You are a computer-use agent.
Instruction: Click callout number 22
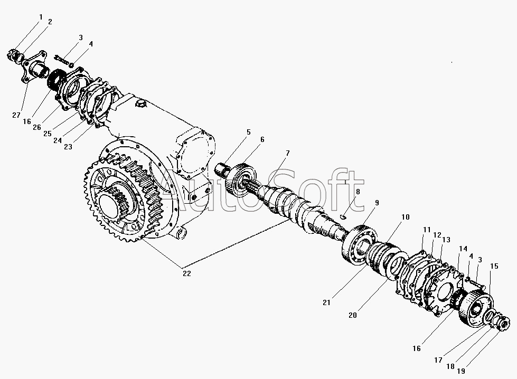point(187,273)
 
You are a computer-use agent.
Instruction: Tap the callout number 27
point(16,116)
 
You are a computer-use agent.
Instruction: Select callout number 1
point(41,17)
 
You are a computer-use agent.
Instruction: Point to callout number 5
point(248,132)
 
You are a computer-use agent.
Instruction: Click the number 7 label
point(287,153)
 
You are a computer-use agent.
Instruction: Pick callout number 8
point(358,192)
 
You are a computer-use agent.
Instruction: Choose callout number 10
point(405,217)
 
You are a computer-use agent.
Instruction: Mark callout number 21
point(326,302)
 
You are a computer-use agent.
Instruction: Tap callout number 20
point(352,316)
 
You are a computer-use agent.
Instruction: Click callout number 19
point(461,371)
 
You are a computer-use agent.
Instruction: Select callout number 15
point(494,266)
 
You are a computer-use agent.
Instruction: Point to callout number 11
point(427,230)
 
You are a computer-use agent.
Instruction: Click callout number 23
point(68,147)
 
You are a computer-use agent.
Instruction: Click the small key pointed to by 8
point(343,216)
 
